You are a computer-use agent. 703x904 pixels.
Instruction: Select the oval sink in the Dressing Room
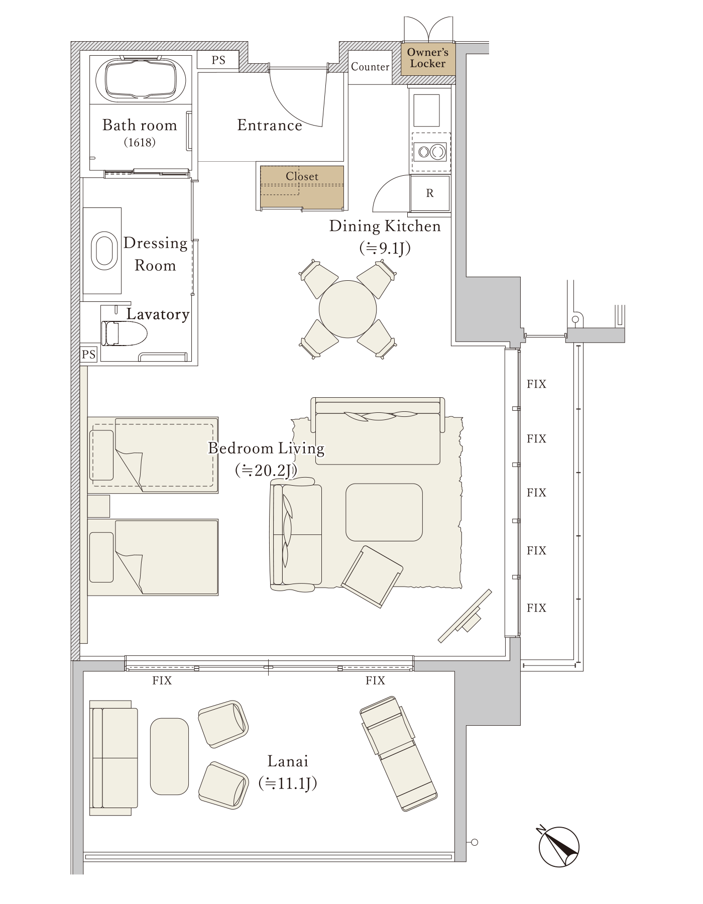click(104, 251)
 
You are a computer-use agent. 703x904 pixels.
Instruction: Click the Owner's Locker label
click(427, 58)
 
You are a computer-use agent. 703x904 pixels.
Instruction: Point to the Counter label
click(370, 67)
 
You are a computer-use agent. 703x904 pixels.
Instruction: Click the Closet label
click(302, 176)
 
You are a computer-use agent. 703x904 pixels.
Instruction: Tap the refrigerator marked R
click(430, 193)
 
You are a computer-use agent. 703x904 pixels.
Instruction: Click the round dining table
click(347, 309)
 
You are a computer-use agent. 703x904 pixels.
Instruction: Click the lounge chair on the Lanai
click(398, 753)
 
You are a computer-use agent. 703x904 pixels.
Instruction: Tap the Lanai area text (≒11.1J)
click(288, 783)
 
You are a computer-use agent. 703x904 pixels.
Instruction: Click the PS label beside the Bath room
click(218, 60)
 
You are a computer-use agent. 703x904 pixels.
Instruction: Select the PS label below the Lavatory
click(89, 355)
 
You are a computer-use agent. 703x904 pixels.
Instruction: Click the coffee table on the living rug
click(384, 512)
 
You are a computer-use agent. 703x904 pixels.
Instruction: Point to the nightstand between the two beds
click(98, 506)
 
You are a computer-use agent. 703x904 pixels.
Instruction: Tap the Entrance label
click(270, 125)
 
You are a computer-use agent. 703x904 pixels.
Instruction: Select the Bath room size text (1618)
click(140, 143)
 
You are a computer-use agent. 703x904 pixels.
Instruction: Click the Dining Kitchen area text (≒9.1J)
click(385, 248)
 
